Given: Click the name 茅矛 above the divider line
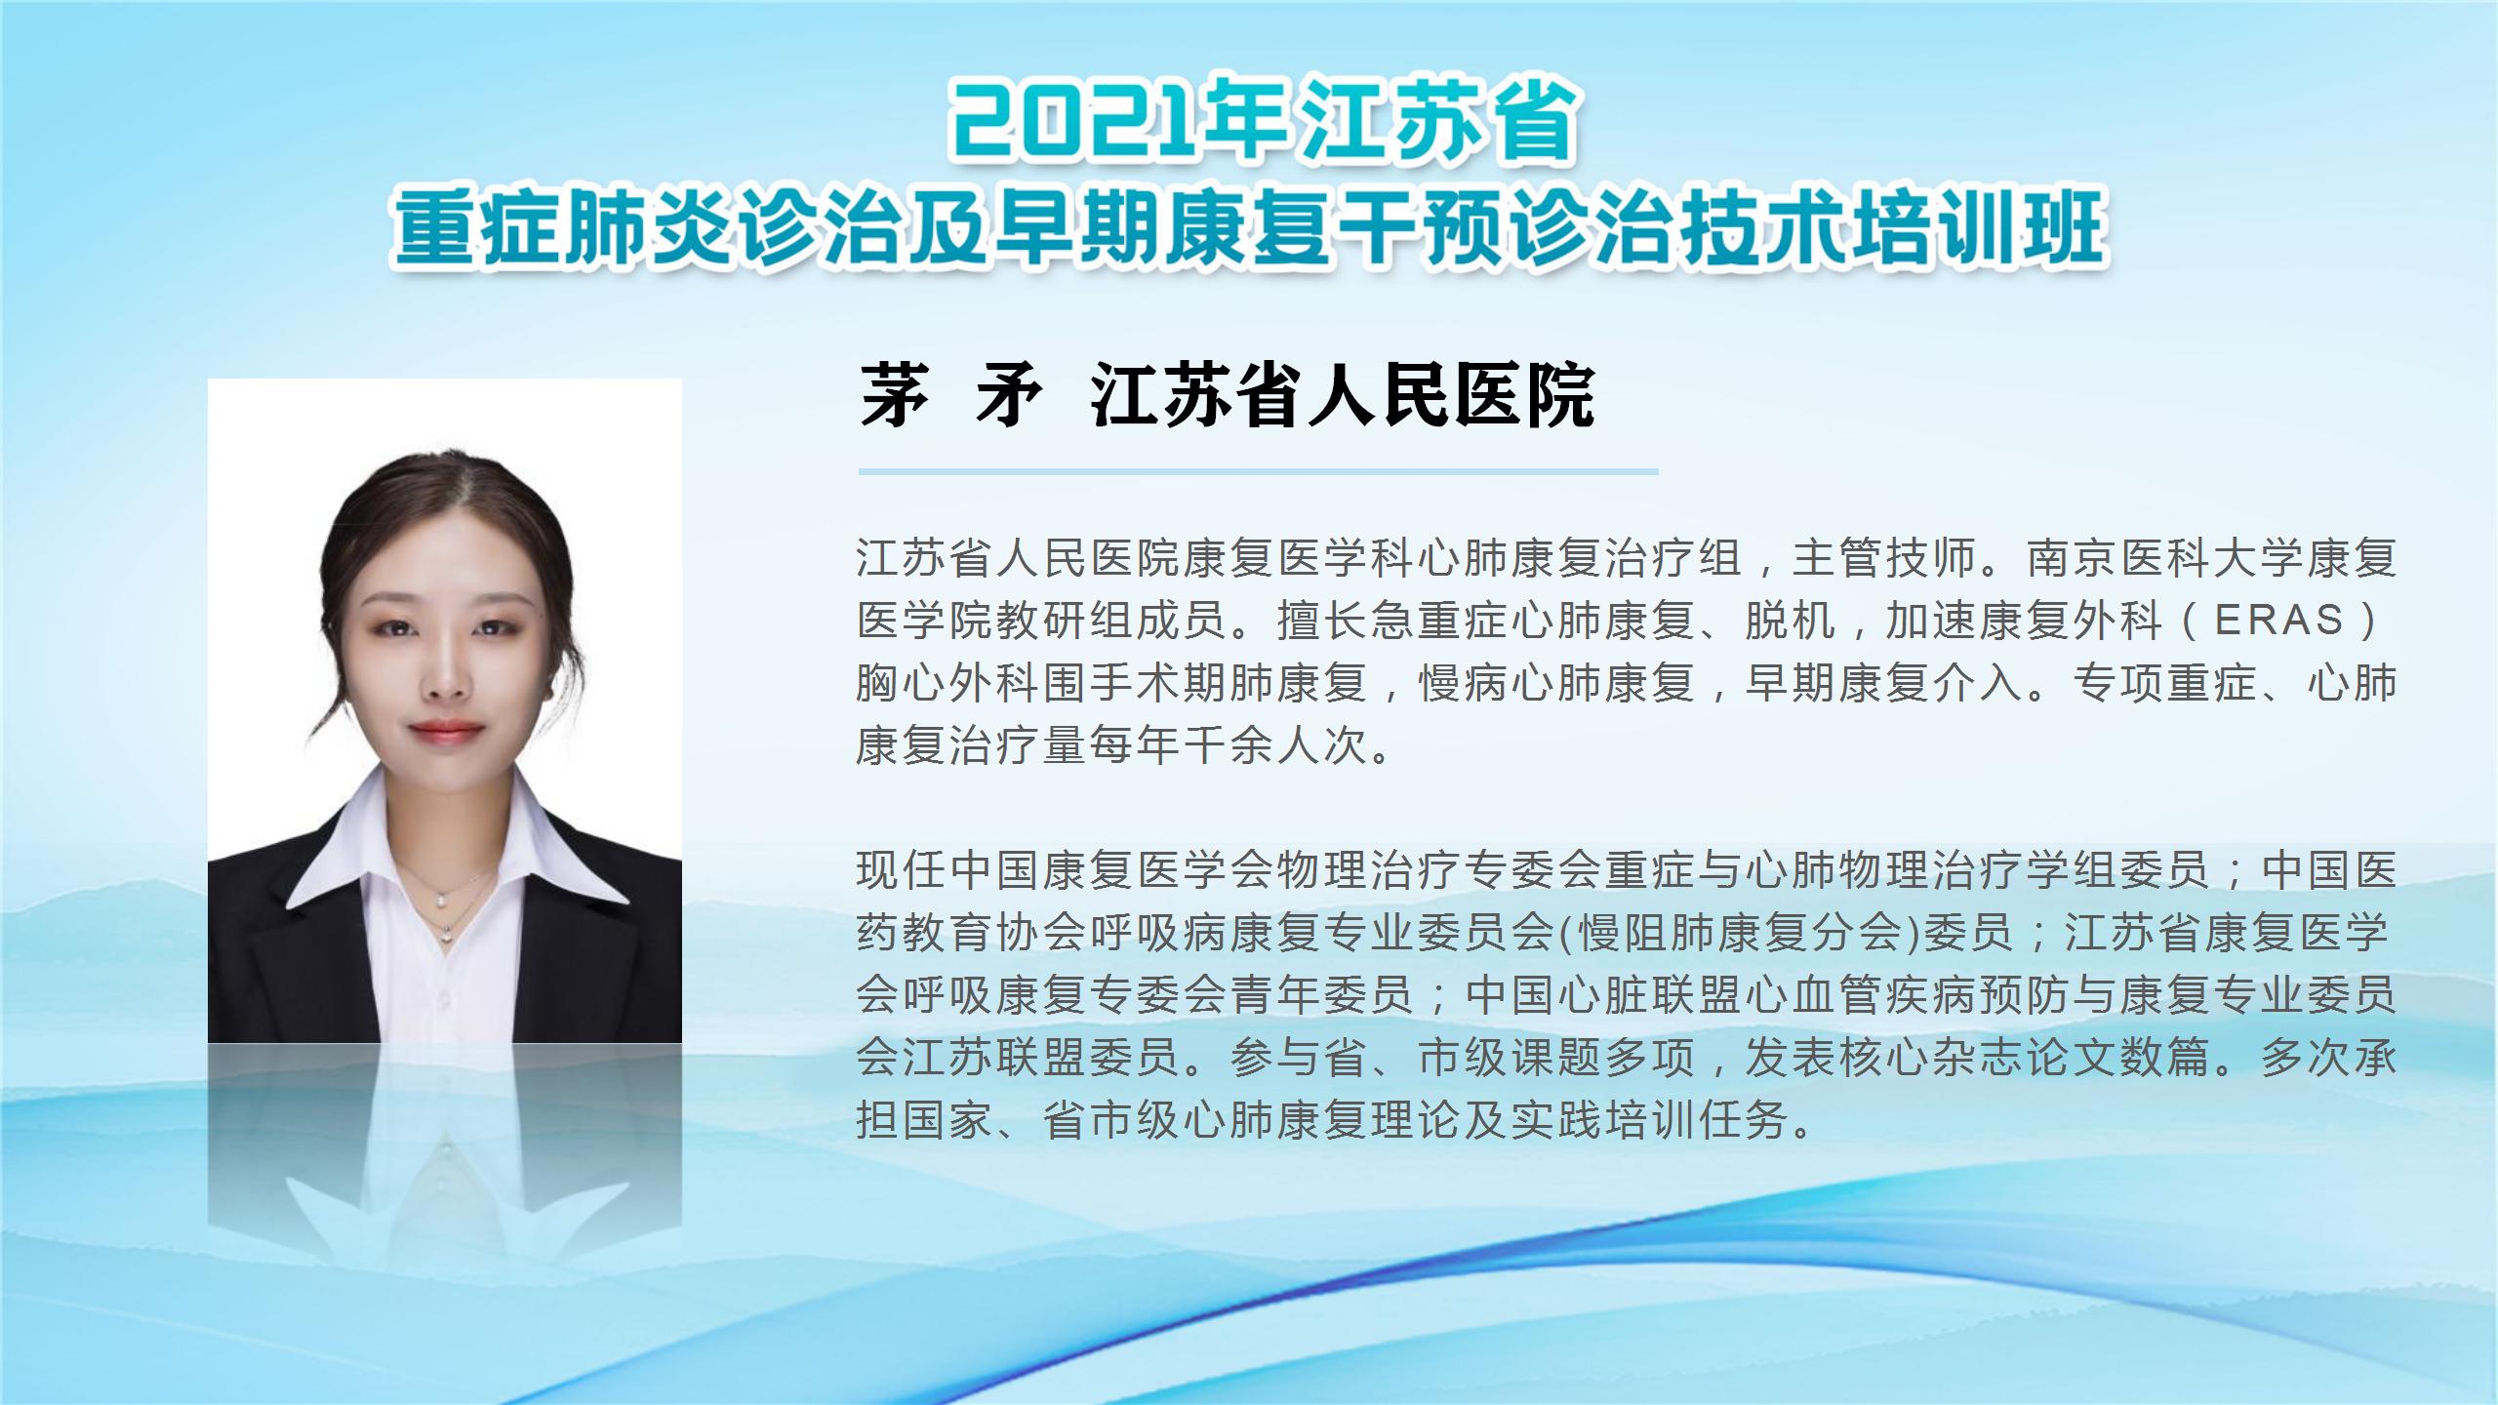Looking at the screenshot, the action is (x=950, y=397).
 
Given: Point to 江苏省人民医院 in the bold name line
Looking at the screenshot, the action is (x=1343, y=397).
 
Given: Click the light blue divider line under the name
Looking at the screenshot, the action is (x=1258, y=471).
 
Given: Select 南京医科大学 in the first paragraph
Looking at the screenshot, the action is (x=2165, y=558).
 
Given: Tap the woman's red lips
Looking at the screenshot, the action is (x=446, y=729).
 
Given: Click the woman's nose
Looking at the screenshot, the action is (x=446, y=673).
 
